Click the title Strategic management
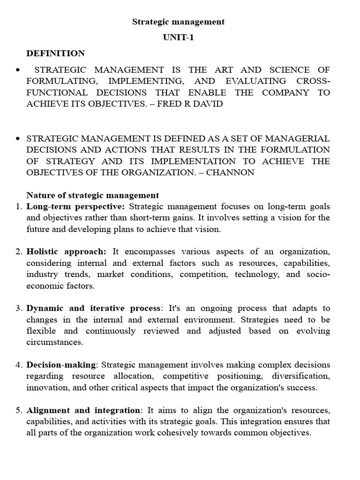(x=178, y=22)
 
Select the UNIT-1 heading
(x=178, y=37)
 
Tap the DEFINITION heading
(x=56, y=53)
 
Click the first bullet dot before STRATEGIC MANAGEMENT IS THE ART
(x=18, y=70)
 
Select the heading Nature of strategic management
(x=93, y=195)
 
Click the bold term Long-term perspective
(x=76, y=206)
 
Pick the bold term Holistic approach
(x=67, y=252)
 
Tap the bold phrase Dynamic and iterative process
(x=93, y=308)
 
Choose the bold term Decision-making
(x=61, y=365)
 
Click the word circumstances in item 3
(x=54, y=342)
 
